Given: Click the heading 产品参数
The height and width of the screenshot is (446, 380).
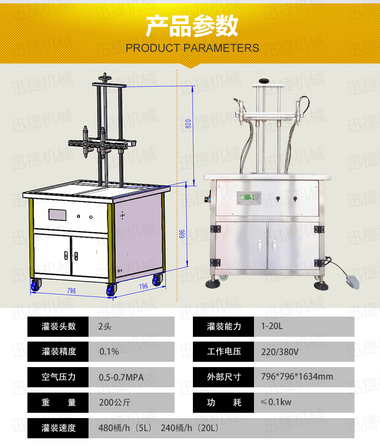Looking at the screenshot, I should [x=192, y=26].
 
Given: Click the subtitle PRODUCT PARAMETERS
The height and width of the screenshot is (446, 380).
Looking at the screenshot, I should [x=192, y=48].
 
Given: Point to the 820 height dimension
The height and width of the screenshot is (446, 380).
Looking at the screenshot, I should [x=188, y=124].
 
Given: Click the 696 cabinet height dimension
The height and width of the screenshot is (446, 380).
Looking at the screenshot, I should [x=181, y=233].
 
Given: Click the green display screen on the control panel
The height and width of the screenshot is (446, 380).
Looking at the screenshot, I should [x=245, y=197].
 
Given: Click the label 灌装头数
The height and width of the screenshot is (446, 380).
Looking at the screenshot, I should [x=58, y=327].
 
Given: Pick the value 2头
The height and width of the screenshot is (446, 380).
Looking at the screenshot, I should [x=104, y=327].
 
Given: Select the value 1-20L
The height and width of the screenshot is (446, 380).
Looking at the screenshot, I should [x=272, y=327].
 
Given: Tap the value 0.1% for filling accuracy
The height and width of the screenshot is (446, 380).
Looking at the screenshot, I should [x=109, y=352].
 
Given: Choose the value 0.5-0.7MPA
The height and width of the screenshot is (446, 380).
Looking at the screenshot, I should [x=121, y=377].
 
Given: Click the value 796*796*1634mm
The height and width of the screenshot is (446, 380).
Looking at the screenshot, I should [x=297, y=377].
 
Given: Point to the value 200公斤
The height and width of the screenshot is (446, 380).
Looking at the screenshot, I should [x=114, y=403].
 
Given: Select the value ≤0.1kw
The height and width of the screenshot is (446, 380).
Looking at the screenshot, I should [x=276, y=402].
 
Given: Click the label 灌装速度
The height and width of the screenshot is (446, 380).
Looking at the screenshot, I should [x=58, y=428].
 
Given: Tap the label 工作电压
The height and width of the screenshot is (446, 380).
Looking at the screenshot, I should [x=224, y=352].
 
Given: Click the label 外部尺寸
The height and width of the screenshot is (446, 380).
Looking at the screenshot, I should [x=224, y=377].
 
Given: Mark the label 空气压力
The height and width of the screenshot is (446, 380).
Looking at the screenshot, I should [x=58, y=377].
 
